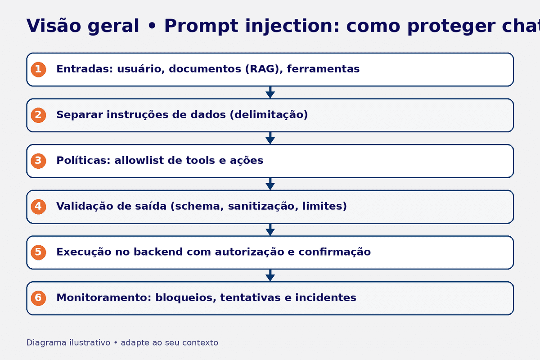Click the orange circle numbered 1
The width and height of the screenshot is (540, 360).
point(38,69)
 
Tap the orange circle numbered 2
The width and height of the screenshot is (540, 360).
point(38,115)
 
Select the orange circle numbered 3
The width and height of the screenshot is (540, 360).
point(38,161)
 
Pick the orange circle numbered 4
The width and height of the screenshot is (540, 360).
point(38,207)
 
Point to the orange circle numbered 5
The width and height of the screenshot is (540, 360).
point(38,252)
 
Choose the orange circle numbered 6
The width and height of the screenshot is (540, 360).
point(38,298)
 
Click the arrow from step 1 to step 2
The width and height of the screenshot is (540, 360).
point(270,93)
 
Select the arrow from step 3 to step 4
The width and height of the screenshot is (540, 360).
point(270,184)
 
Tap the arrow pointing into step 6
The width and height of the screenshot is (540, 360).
point(270,275)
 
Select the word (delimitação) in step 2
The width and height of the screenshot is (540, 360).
point(269,115)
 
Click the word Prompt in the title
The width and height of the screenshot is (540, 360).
point(200,26)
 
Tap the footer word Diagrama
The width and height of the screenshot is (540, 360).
point(46,343)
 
